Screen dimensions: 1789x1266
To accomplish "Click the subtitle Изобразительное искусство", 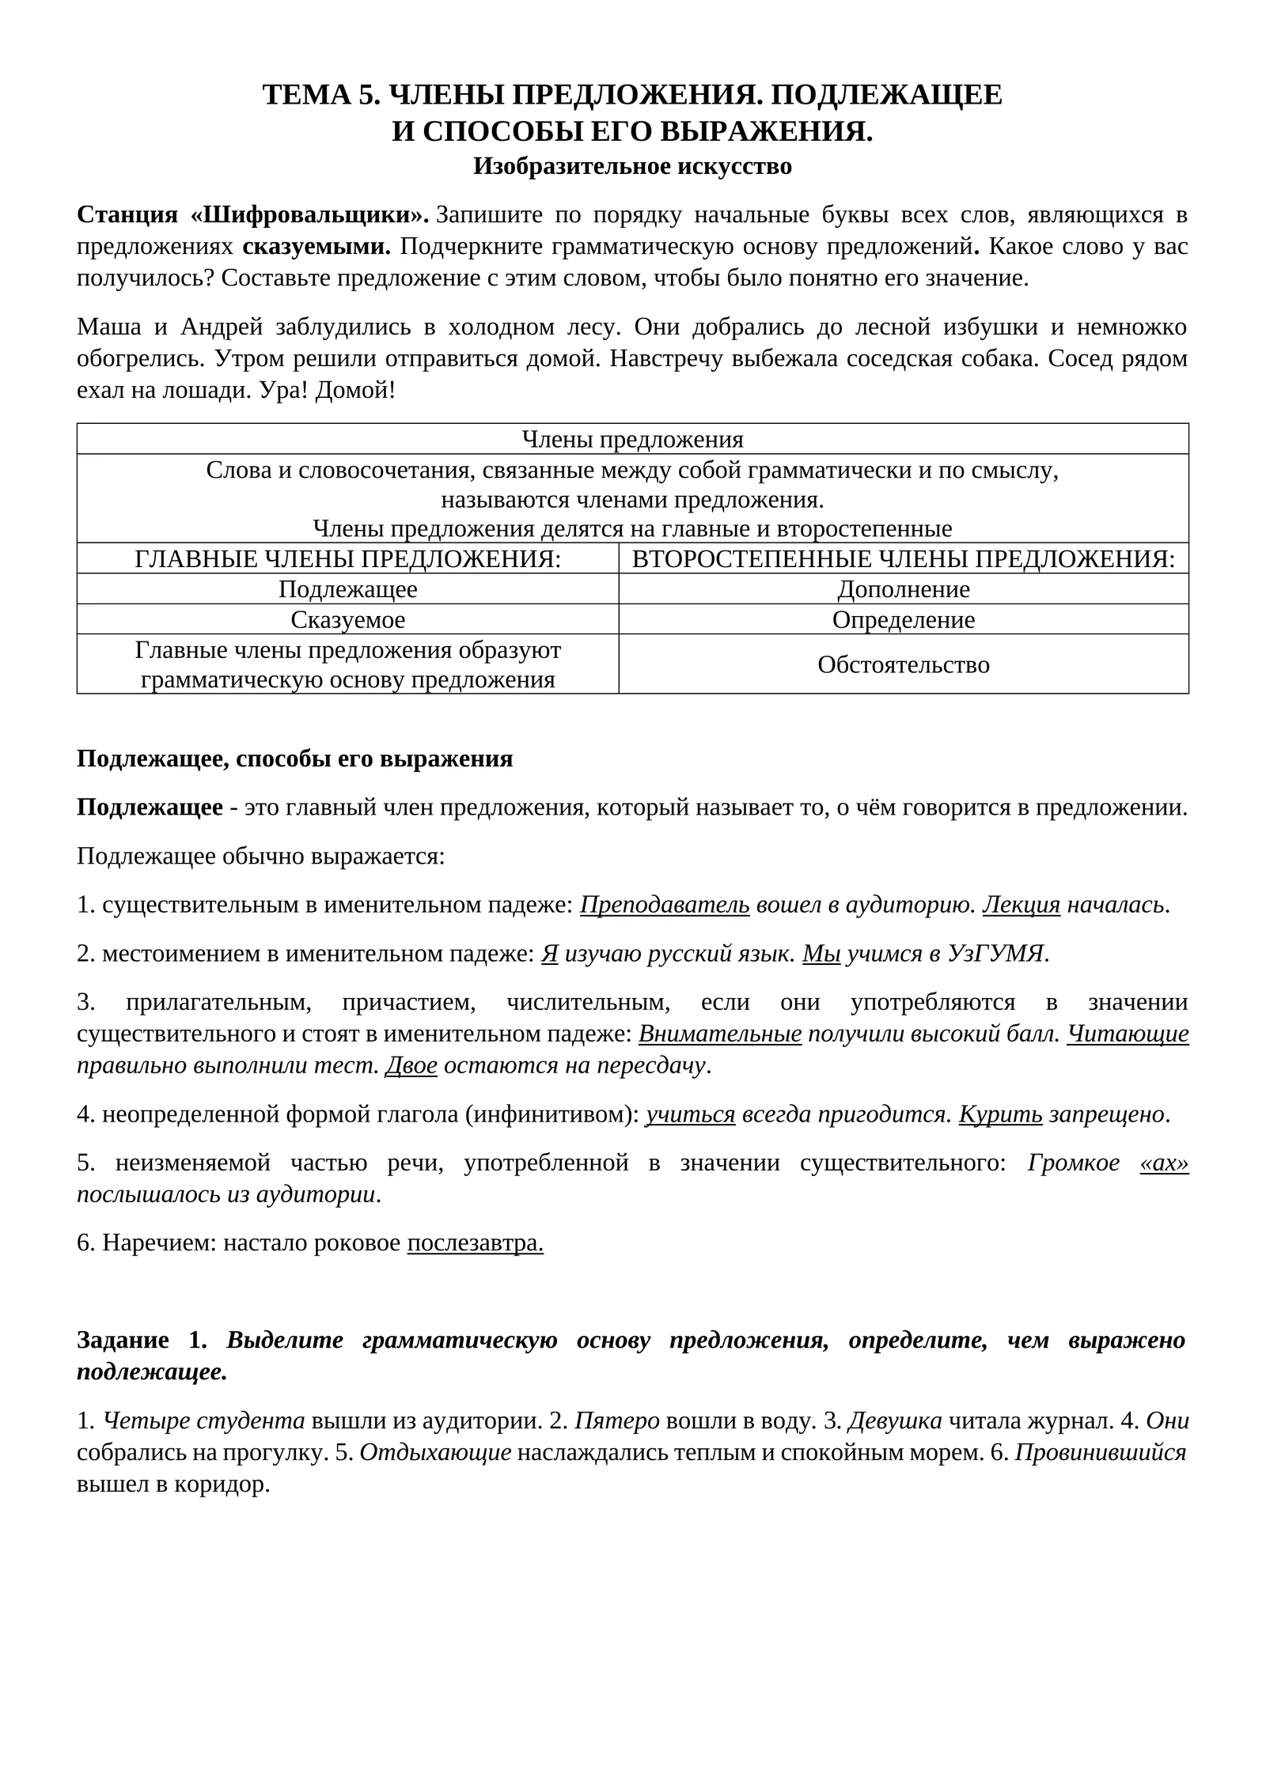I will (632, 167).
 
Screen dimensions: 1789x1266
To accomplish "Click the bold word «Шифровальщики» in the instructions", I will (309, 215).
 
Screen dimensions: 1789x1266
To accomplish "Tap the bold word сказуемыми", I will (316, 247).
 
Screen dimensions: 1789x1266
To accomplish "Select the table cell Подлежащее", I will (347, 589).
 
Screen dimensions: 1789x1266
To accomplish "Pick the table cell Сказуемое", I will (347, 619).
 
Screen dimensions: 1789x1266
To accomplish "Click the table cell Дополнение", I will (903, 589).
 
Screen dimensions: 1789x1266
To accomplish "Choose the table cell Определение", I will (903, 619).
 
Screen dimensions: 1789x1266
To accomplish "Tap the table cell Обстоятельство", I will (903, 664).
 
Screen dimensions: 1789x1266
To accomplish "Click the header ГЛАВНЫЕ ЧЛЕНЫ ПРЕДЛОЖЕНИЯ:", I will (347, 559).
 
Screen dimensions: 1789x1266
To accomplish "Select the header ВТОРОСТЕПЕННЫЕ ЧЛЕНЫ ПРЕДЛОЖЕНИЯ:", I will (903, 559).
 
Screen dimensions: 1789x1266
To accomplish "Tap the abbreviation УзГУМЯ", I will (997, 954).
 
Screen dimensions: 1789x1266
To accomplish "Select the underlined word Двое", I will (411, 1065).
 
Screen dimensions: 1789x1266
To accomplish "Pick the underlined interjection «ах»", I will (1163, 1163).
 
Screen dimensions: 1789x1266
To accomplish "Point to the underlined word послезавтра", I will (475, 1243).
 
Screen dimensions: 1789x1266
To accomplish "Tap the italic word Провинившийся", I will (1100, 1453).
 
